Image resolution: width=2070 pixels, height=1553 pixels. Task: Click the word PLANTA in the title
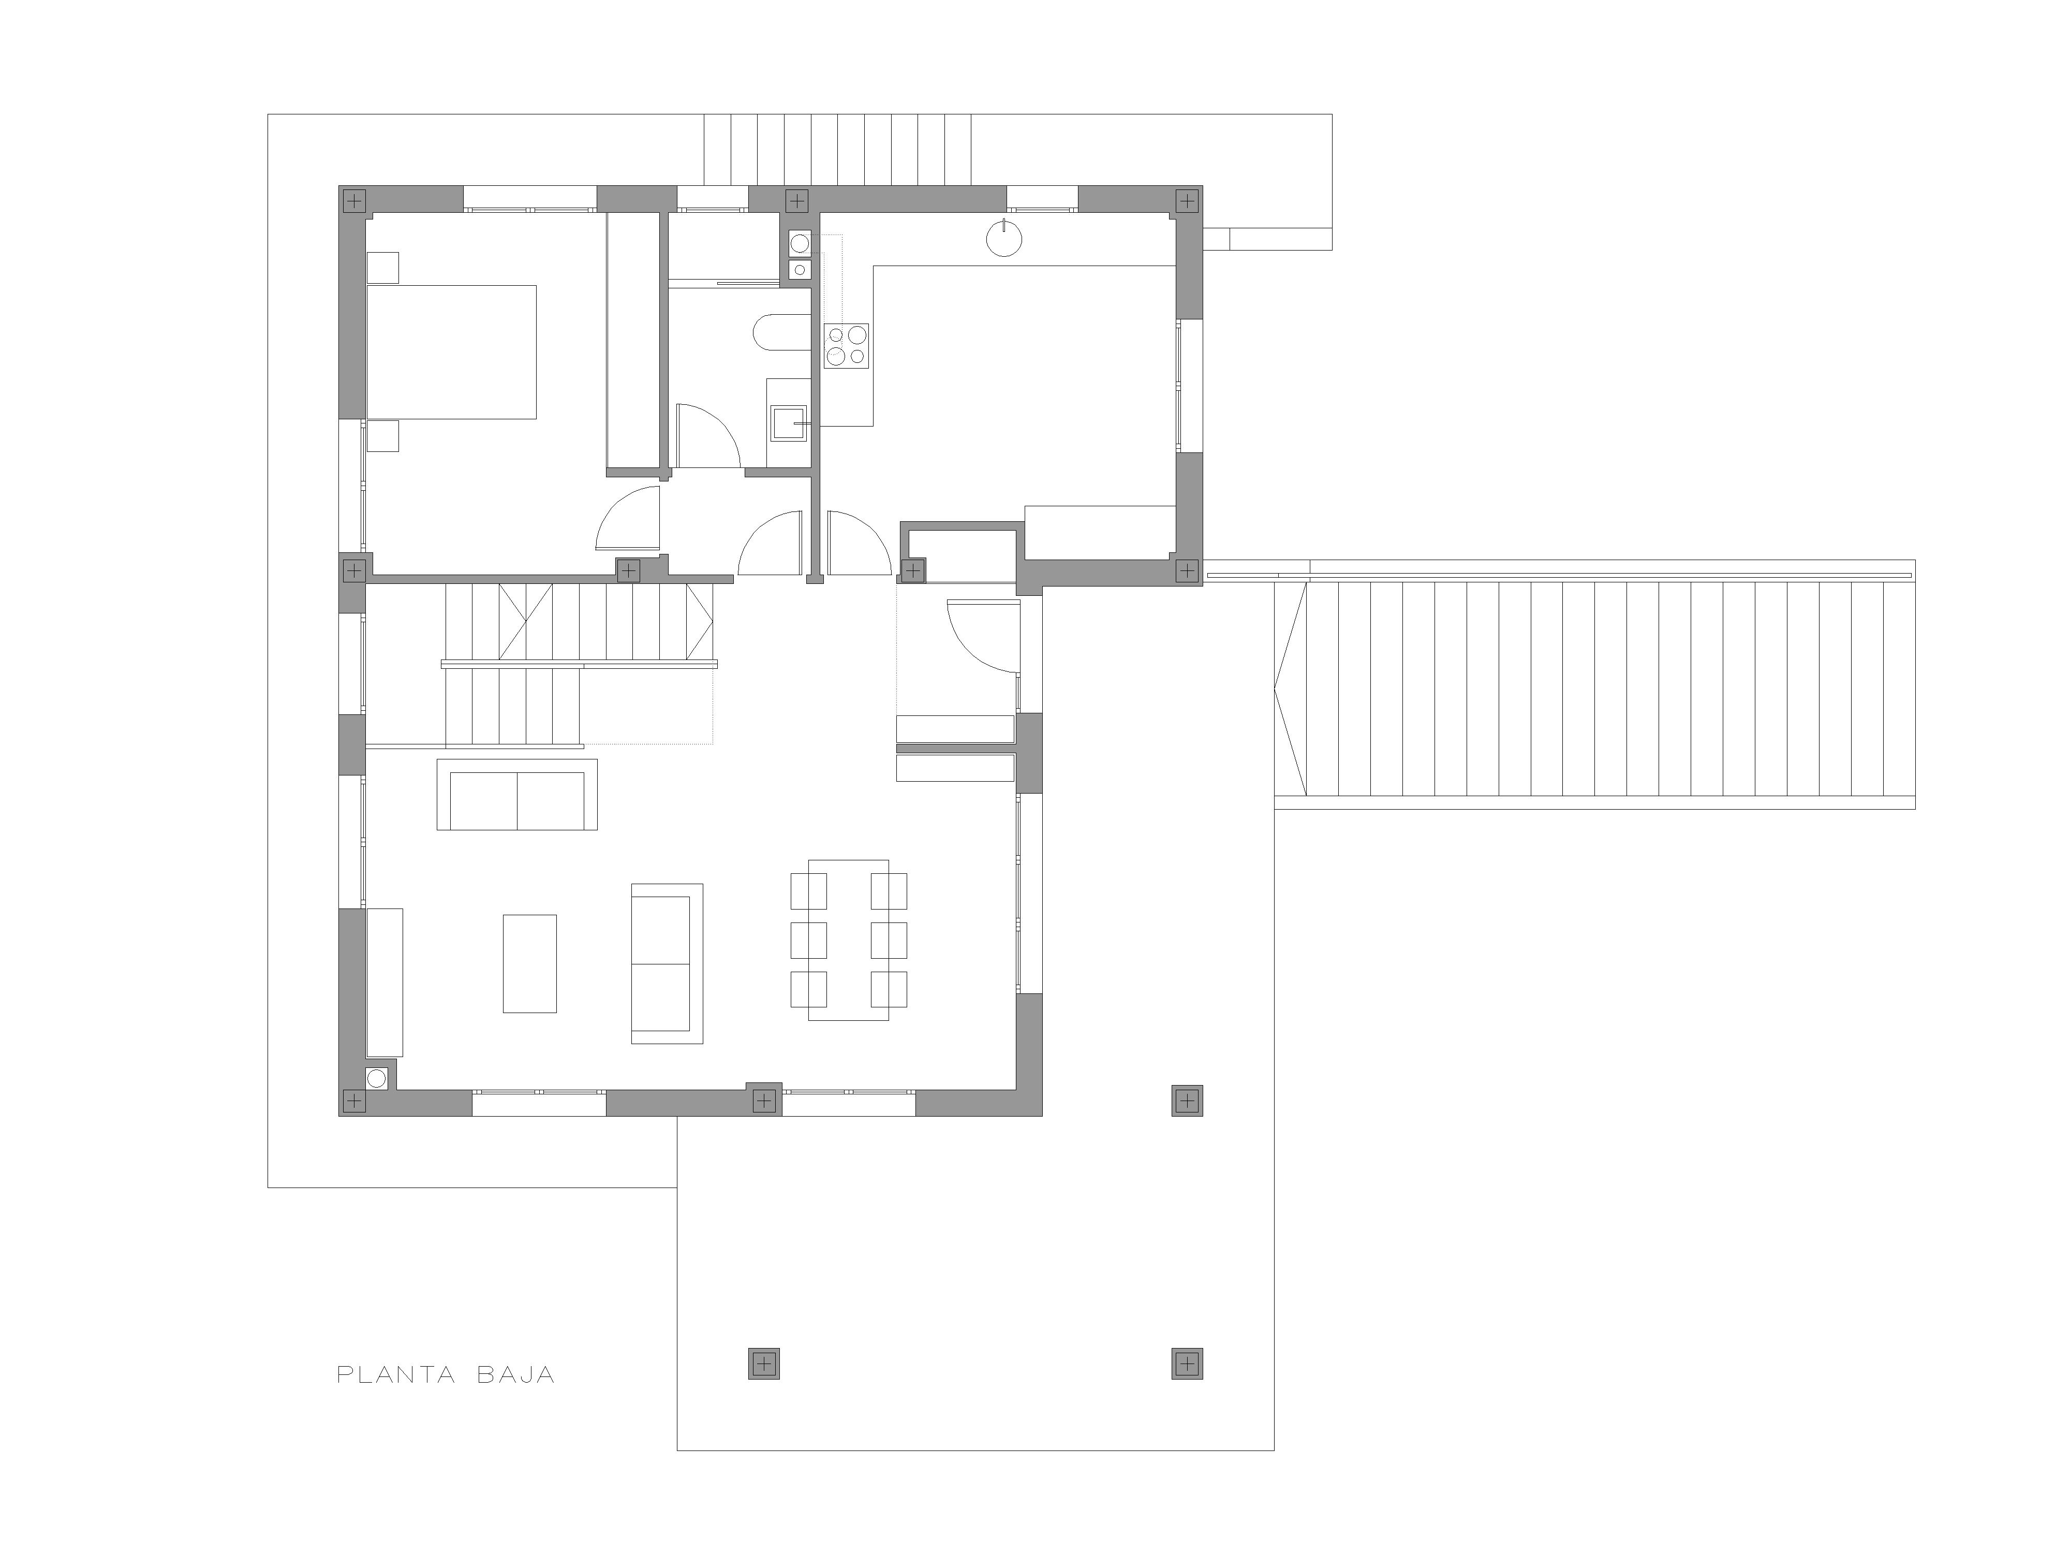tap(396, 1375)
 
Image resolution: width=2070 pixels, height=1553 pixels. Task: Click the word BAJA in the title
tap(515, 1375)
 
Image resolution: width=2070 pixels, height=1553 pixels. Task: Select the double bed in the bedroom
tap(451, 352)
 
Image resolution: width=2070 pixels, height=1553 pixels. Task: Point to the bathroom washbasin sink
tap(788, 423)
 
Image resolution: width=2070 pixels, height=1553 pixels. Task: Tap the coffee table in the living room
tap(530, 963)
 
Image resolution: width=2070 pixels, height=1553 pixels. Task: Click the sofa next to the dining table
tap(667, 963)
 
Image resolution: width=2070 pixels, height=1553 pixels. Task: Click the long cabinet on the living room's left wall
tap(385, 982)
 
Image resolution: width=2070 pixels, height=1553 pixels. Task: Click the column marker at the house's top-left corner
tap(354, 200)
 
